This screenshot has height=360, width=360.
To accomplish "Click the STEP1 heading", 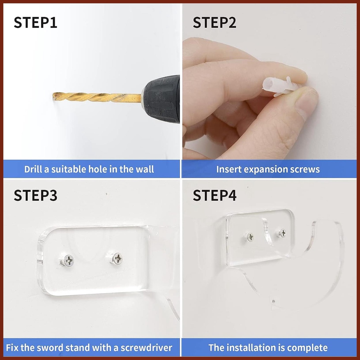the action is pos(36,22).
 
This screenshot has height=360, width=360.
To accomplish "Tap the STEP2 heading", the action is pos(214,22).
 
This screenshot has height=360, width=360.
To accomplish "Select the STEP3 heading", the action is pos(36,195).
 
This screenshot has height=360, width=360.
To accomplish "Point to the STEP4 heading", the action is pos(214,195).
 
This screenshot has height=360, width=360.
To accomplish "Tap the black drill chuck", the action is pos(161,99).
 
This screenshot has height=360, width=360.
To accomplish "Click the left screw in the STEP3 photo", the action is pos(68,261).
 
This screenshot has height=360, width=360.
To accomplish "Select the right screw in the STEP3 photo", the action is pos(116,259).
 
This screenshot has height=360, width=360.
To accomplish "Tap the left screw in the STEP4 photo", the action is pos(250,237).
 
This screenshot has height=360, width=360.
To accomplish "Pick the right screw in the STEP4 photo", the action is pos(282,233).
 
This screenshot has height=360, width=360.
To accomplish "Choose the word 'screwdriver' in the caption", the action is pos(146,348).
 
